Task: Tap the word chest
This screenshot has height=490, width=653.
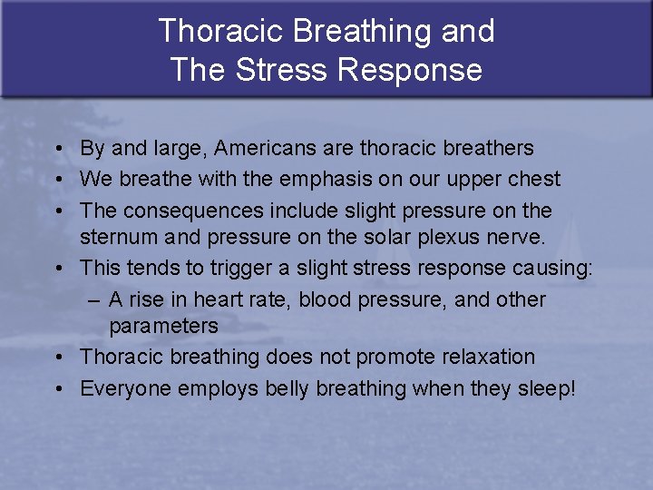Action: click(x=533, y=179)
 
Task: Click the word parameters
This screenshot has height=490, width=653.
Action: click(x=163, y=326)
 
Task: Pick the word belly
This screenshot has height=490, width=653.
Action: click(x=288, y=388)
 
